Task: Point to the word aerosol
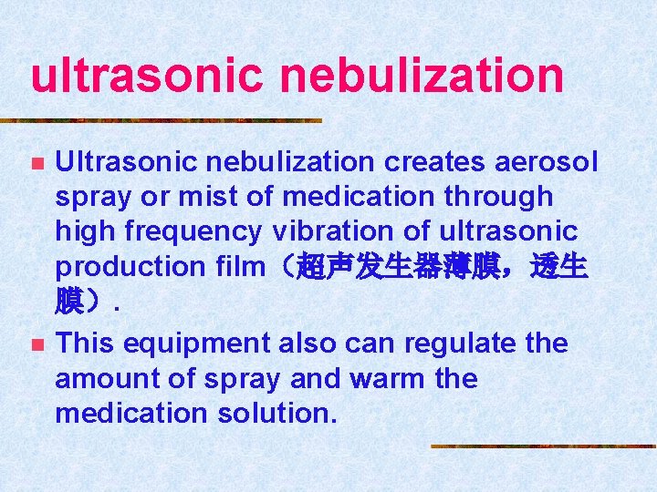point(545,162)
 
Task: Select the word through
point(506,197)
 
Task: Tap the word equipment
point(189,344)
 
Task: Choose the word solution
point(277,414)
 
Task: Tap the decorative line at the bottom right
point(544,446)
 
